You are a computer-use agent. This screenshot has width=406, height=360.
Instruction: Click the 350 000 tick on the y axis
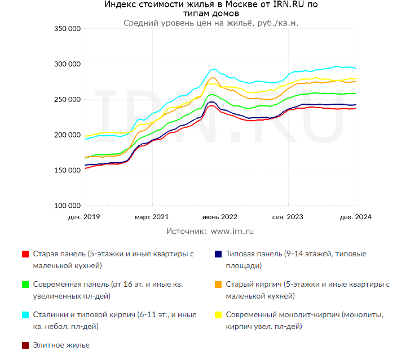(x=67, y=29)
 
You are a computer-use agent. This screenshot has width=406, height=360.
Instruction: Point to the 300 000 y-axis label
(x=67, y=64)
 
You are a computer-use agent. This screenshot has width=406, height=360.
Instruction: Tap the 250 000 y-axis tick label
(x=67, y=100)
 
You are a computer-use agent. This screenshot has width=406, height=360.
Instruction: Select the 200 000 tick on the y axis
(x=67, y=135)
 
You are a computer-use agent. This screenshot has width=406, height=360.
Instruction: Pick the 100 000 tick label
(x=67, y=206)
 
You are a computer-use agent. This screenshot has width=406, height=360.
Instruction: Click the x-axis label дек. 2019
(x=83, y=217)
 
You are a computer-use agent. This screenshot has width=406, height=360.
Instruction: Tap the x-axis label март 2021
(x=151, y=217)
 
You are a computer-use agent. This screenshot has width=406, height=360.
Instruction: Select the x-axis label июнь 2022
(x=219, y=217)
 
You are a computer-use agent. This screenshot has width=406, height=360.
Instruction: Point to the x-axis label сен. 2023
(x=288, y=217)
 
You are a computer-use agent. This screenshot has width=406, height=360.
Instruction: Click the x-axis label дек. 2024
(x=356, y=217)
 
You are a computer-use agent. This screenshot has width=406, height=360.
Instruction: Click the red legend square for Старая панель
(x=25, y=254)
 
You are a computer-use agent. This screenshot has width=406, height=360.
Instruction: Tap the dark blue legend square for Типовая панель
(x=217, y=254)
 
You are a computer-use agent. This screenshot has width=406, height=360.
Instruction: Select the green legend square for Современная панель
(x=25, y=285)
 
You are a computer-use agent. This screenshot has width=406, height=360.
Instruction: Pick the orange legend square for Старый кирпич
(x=217, y=285)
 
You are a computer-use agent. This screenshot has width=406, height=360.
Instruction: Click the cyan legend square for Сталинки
(x=25, y=315)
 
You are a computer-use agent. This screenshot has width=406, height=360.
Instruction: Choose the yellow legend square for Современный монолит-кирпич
(x=217, y=315)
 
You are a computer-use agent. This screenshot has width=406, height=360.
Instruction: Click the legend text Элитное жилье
(x=61, y=345)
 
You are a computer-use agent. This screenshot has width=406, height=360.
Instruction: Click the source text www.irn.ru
(x=232, y=231)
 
